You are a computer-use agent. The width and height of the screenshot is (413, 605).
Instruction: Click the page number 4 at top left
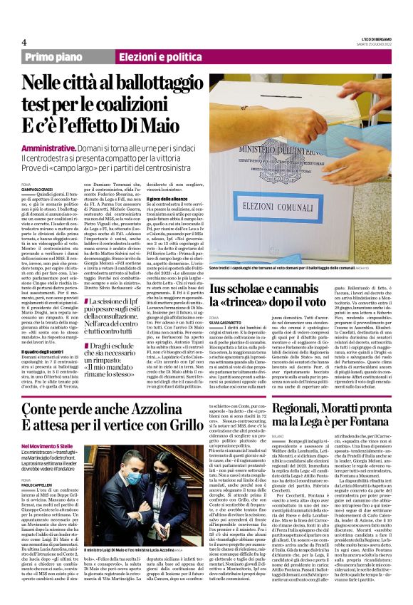pyautogui.click(x=24, y=42)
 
